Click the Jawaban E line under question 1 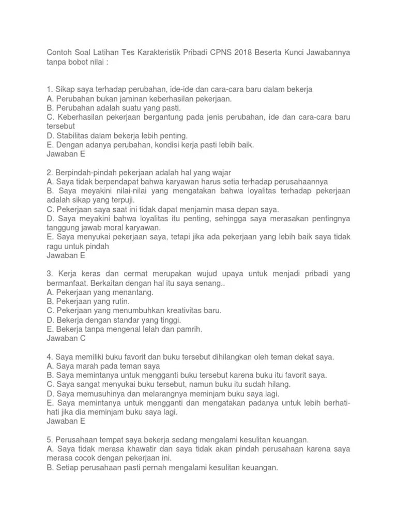click(66, 154)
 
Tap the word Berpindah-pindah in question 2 click(86, 172)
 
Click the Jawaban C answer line click(66, 339)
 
